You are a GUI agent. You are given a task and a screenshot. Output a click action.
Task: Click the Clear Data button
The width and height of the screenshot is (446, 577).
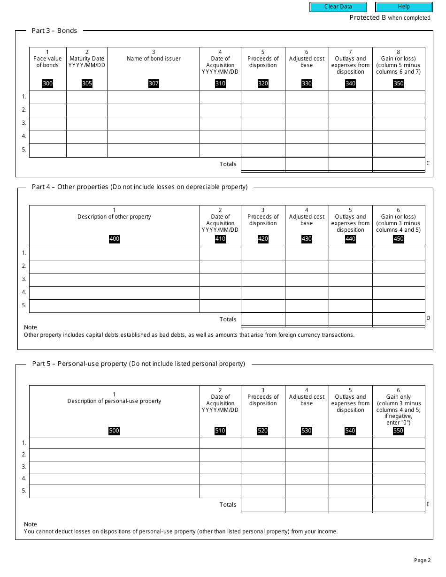coord(338,7)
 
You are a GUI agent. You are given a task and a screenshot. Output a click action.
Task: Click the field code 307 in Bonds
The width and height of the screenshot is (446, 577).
coord(154,84)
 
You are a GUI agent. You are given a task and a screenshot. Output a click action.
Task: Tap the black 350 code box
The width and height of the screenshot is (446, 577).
coord(398,84)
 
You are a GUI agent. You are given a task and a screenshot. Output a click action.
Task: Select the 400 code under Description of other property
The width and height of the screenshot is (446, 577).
coord(114,239)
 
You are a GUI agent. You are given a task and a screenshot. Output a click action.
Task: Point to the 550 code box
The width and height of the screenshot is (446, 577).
coord(398,431)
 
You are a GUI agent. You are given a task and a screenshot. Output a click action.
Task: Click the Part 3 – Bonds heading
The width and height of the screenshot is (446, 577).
coord(54,30)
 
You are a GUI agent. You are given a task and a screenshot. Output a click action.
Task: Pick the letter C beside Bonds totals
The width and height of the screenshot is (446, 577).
coord(428,163)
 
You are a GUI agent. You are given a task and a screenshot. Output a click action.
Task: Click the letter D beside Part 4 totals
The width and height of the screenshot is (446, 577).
coord(428,318)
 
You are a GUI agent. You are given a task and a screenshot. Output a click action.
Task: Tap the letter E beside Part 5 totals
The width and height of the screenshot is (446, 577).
coord(428,504)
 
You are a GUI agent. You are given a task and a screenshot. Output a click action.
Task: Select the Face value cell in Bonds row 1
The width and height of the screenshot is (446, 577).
coord(47,97)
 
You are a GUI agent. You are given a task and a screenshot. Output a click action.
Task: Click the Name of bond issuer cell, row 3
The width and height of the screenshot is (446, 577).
coord(154,123)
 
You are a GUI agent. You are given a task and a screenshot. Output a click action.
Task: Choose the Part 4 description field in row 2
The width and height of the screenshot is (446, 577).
coord(114,266)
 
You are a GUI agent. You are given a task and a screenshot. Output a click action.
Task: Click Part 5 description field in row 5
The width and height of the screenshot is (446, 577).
coord(114,491)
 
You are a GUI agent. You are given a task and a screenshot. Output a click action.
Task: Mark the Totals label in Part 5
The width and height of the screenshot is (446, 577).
coord(228,505)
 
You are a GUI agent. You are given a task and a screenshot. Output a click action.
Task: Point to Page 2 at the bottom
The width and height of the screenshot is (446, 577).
coord(423,560)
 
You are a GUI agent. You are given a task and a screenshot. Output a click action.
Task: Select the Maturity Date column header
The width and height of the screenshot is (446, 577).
coord(87,62)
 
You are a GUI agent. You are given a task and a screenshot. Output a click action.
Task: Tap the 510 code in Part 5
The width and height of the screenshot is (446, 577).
coord(220,431)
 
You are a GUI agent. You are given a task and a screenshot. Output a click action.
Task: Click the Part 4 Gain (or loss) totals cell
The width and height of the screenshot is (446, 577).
coord(398,319)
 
